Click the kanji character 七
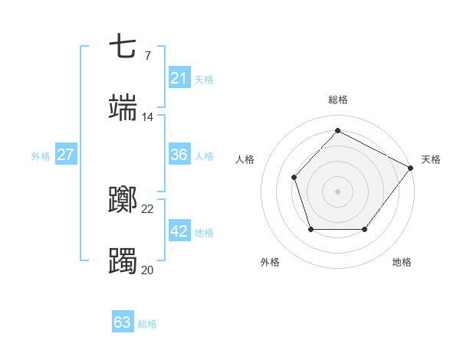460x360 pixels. (123, 46)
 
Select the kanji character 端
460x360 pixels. (123, 108)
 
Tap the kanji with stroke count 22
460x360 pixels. (123, 201)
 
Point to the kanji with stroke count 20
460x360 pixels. (123, 261)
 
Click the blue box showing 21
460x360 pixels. (179, 78)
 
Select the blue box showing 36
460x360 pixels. (179, 155)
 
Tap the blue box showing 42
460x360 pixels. (179, 231)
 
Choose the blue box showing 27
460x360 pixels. (65, 155)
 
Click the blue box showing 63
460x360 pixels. (123, 322)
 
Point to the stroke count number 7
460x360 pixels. (147, 55)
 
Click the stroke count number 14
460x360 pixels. (148, 117)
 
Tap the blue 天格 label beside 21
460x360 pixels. (204, 79)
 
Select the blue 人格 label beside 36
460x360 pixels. (204, 155)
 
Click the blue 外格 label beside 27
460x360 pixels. (41, 155)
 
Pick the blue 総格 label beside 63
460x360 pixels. (148, 323)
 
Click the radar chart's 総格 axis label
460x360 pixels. (337, 100)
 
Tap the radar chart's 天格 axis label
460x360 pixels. (431, 159)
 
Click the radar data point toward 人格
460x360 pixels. (294, 177)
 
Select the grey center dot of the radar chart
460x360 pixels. (337, 191)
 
